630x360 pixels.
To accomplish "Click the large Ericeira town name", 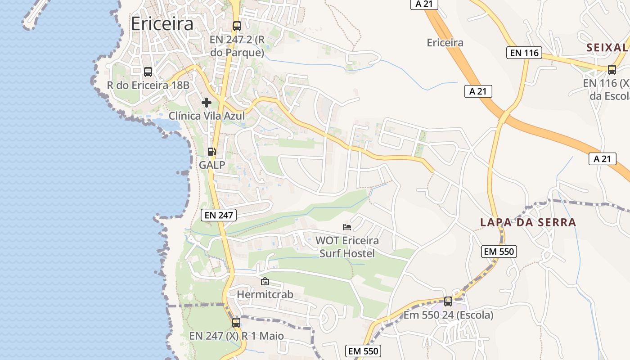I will (x=162, y=24).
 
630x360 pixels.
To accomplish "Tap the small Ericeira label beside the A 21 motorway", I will (x=445, y=43).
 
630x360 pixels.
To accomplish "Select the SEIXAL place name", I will (x=607, y=47).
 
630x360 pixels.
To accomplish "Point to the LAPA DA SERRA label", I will (x=528, y=222).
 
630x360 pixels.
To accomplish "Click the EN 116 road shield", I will (x=524, y=53).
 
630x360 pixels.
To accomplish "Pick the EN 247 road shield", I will (x=219, y=215).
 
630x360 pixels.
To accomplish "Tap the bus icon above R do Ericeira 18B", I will (x=148, y=72).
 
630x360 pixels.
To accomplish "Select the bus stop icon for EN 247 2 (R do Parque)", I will (x=237, y=26).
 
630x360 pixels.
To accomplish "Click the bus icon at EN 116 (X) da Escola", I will (x=612, y=69).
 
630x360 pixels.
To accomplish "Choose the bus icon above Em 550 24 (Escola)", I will (x=448, y=301).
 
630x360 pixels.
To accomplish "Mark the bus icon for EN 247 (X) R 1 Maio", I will (x=236, y=322).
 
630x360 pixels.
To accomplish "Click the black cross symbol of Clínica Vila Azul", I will (x=207, y=103).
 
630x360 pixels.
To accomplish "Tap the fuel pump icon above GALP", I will (x=211, y=152).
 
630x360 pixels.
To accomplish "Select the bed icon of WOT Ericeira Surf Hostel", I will (x=347, y=227).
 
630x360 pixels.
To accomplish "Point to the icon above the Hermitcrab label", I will (x=265, y=282).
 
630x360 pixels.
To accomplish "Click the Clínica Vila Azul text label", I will (x=207, y=116).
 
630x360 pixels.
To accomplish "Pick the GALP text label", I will (x=212, y=165).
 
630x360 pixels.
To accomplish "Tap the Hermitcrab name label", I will (x=265, y=295).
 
